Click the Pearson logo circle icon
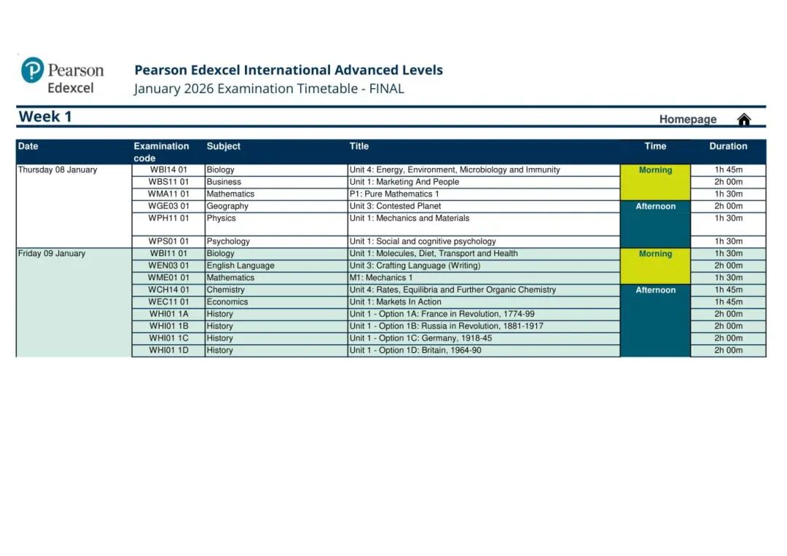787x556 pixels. click(x=33, y=71)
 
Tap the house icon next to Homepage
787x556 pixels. click(x=743, y=119)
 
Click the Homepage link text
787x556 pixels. click(x=688, y=119)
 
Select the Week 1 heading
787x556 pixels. click(x=45, y=116)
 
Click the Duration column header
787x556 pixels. click(x=728, y=146)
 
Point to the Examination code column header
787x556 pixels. click(x=161, y=151)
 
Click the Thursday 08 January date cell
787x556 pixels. click(x=58, y=170)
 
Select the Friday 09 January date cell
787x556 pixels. click(x=52, y=254)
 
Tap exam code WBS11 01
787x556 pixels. click(x=168, y=182)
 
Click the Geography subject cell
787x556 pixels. click(x=227, y=206)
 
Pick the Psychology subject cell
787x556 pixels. click(x=228, y=242)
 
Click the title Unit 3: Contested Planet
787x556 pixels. click(x=395, y=206)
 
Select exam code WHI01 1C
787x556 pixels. click(x=168, y=338)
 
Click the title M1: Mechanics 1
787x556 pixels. click(x=381, y=278)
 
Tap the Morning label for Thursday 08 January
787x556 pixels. click(x=655, y=170)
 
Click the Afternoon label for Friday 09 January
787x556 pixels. click(x=655, y=290)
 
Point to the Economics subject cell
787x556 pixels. click(x=227, y=302)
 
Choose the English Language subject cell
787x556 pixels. click(x=240, y=266)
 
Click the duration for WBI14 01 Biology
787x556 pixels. click(x=728, y=170)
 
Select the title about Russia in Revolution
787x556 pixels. click(x=446, y=326)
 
